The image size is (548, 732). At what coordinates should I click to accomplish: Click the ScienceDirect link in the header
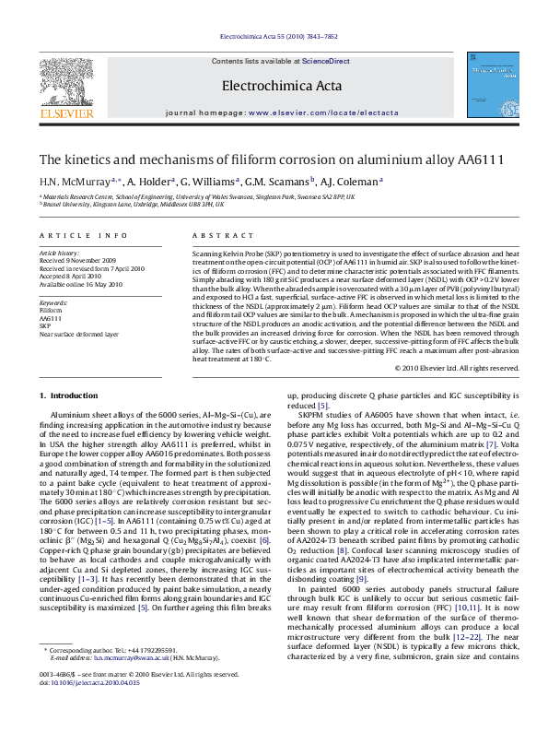327,61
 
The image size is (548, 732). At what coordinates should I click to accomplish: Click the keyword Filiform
51,311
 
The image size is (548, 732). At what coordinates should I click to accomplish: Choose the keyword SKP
45,325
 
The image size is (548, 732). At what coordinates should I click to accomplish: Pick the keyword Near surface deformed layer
78,334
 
